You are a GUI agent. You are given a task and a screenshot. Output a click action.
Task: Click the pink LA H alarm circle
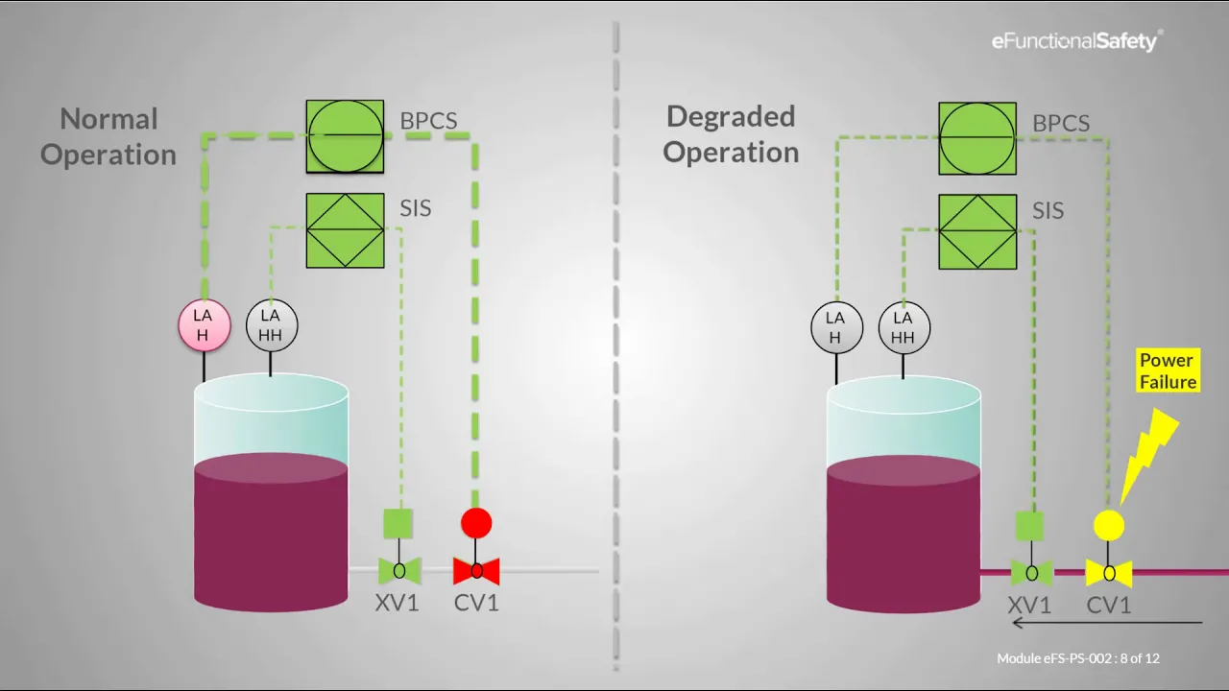[205, 326]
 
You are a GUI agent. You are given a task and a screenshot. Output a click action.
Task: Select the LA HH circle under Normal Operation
[272, 326]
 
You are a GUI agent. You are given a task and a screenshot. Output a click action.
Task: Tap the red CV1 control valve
[476, 571]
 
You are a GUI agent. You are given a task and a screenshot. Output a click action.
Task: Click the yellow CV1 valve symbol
[1109, 574]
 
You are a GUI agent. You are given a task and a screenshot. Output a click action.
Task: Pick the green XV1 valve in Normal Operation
[399, 571]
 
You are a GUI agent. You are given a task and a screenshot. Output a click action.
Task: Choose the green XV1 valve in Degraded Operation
[1031, 574]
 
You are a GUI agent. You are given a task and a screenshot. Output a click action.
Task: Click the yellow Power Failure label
[1167, 371]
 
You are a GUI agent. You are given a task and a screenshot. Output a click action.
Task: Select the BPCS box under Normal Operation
[345, 136]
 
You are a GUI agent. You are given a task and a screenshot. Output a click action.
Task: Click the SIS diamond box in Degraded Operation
[977, 231]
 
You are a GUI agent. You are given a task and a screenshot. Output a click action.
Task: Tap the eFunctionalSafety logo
[1076, 40]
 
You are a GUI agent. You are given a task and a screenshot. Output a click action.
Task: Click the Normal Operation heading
[108, 136]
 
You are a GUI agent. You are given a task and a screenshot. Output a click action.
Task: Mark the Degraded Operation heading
[731, 133]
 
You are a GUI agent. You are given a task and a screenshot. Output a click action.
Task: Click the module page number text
[1078, 658]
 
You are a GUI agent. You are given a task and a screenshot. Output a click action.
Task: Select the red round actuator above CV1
[476, 523]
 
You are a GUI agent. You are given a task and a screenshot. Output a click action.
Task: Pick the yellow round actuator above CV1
[1109, 525]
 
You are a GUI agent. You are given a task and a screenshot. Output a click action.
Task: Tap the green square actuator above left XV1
[398, 523]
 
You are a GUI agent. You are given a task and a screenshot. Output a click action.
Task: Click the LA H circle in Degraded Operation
[835, 326]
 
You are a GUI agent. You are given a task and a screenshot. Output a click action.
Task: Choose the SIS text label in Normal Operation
[415, 208]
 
